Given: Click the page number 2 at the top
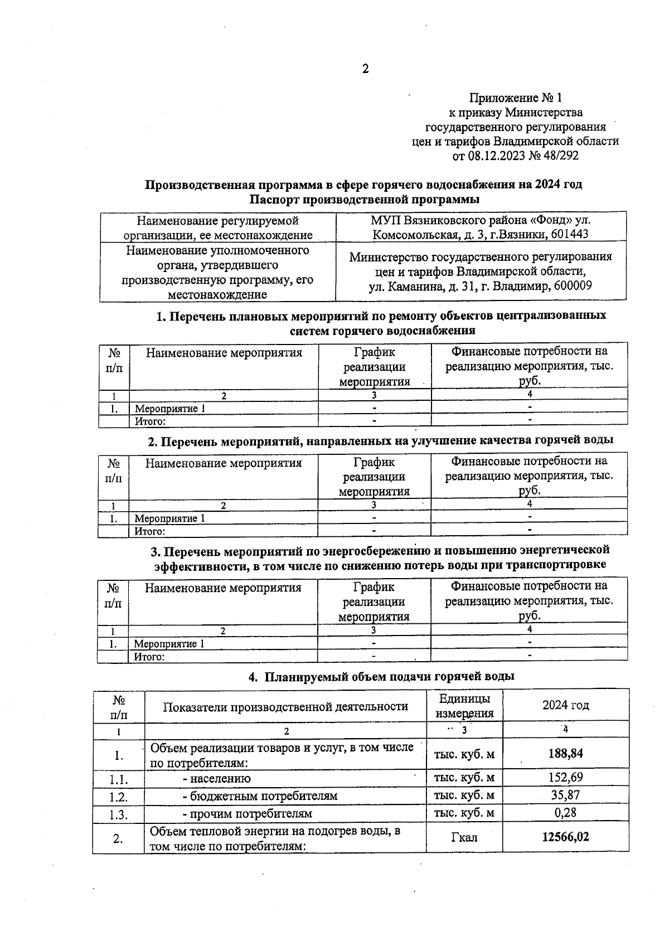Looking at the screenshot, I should [365, 69].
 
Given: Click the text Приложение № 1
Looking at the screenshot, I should [515, 99].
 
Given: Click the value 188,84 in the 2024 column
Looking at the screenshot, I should [565, 754].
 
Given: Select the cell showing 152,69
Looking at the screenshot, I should [565, 777].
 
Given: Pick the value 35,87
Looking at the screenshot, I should [565, 795].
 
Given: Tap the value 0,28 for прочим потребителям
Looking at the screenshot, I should [565, 813].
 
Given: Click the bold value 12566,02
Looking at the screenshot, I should [565, 837].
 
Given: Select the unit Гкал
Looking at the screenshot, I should [464, 837].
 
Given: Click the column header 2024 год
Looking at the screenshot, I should [565, 705].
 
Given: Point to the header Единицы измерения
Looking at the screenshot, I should [464, 706].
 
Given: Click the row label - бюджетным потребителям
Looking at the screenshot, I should [260, 796].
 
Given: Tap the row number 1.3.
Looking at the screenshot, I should [118, 814].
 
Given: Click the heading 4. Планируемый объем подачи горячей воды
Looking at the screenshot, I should [381, 676].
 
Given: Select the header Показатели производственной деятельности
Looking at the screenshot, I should [285, 706].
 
